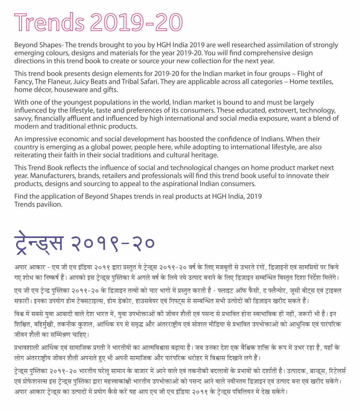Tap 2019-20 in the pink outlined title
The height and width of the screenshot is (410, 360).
137,22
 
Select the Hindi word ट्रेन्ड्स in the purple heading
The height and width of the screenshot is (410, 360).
38,242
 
